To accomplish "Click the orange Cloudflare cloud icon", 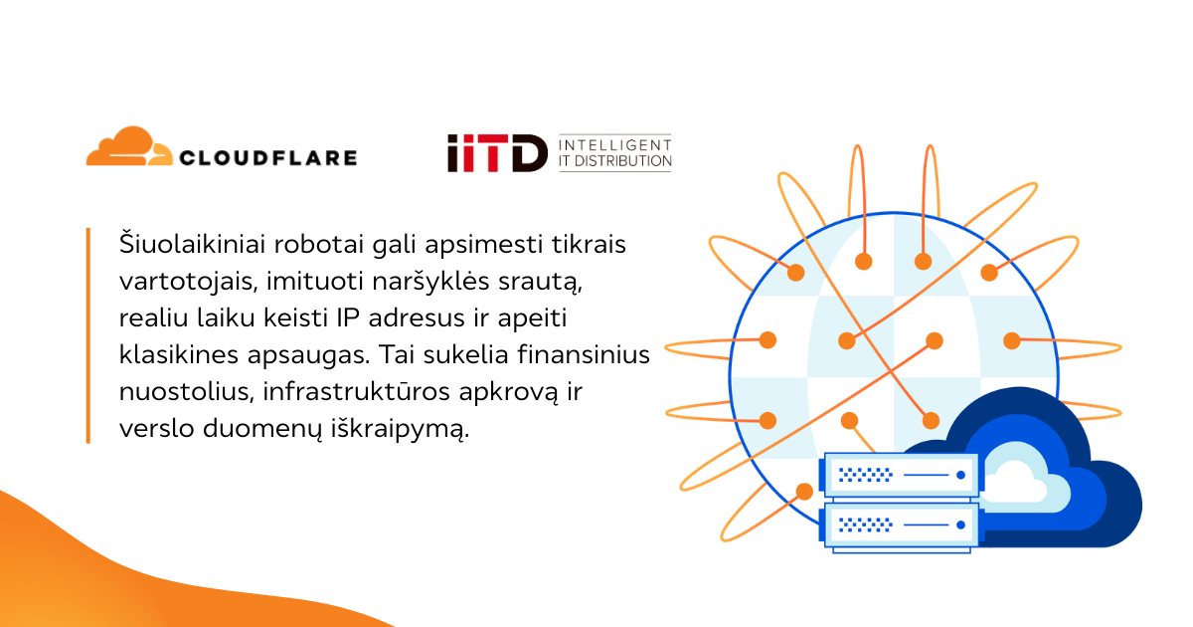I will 127,147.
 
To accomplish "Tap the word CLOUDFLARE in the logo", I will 267,157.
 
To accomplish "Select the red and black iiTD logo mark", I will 496,153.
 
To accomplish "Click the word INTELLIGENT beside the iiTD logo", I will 615,143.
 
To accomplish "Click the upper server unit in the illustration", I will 901,476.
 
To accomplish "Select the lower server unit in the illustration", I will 901,523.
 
